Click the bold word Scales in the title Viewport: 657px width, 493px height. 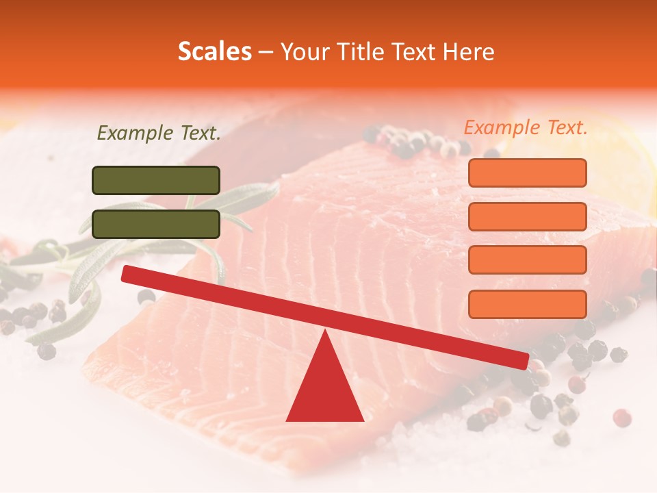coord(214,52)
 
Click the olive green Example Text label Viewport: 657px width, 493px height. coord(159,134)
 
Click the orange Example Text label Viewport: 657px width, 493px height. coord(526,127)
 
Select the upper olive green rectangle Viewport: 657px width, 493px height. coord(156,180)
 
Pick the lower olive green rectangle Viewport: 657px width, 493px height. coord(156,224)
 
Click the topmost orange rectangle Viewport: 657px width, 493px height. coord(527,173)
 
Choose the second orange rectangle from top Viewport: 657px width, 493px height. coord(527,216)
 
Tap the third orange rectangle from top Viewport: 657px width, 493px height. coord(527,260)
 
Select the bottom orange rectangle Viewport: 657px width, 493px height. coord(527,304)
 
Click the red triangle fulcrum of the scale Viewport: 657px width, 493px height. coord(324,390)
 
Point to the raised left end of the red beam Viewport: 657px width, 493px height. coord(127,273)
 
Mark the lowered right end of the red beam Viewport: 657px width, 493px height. coord(523,359)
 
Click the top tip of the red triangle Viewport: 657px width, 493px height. coord(325,331)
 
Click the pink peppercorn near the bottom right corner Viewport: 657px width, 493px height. coord(621,417)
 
